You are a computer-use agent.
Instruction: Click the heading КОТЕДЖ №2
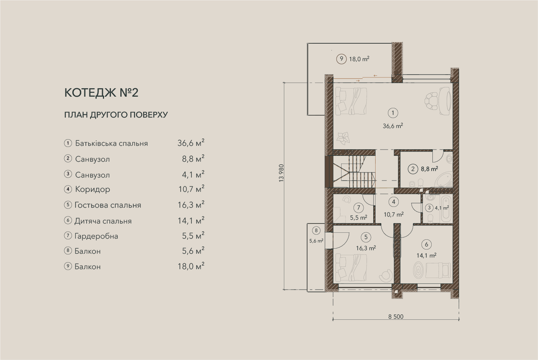tap(101, 93)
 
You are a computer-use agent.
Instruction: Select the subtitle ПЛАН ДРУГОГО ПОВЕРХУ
tap(116, 115)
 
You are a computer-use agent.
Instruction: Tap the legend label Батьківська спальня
tap(111, 143)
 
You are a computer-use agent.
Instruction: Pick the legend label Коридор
tap(93, 189)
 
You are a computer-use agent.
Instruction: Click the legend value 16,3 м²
tap(191, 205)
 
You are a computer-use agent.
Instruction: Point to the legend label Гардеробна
tap(96, 236)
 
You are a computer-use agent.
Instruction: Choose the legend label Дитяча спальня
tap(103, 221)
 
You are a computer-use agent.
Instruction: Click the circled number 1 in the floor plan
tap(393, 113)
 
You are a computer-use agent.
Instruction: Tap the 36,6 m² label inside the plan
tap(393, 126)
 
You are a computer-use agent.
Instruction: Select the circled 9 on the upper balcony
tap(341, 59)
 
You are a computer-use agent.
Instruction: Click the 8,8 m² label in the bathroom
tap(429, 169)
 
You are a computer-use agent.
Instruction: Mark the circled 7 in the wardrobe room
tap(359, 208)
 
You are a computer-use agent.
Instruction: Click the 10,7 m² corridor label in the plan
tap(393, 214)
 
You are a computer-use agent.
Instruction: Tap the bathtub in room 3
tap(446, 210)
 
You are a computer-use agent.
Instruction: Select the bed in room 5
tap(351, 268)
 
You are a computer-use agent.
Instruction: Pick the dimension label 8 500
tap(396, 317)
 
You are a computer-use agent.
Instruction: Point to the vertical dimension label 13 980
tap(281, 173)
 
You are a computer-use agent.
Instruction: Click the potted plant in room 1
tap(343, 138)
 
